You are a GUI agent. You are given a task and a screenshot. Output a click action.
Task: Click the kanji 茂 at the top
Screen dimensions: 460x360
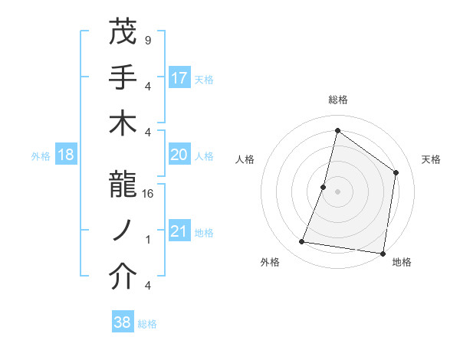123,31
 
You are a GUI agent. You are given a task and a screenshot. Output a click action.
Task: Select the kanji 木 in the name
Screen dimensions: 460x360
123,124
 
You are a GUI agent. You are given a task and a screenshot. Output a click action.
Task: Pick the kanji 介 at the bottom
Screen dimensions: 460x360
123,279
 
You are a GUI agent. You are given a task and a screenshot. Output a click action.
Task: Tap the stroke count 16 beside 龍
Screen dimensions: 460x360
149,195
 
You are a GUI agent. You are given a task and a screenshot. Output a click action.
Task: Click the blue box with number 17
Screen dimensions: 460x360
179,77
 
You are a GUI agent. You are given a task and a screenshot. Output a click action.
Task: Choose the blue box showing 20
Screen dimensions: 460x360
179,155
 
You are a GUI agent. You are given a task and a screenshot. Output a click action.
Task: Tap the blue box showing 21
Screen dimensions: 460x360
179,232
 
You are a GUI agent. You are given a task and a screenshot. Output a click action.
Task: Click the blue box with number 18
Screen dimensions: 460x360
66,155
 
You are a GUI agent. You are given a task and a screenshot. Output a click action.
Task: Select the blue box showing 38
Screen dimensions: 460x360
123,323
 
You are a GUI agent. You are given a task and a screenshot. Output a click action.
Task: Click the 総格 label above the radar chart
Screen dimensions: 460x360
337,100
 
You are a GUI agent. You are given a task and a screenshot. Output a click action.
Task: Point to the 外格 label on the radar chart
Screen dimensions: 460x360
270,262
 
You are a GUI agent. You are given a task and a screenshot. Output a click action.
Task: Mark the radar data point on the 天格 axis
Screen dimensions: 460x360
396,172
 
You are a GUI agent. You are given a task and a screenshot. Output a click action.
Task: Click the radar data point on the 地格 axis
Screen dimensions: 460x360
383,253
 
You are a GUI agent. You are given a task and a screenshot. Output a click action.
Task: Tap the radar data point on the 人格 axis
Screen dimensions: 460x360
324,187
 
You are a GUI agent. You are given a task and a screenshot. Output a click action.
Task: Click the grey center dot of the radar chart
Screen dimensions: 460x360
337,191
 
